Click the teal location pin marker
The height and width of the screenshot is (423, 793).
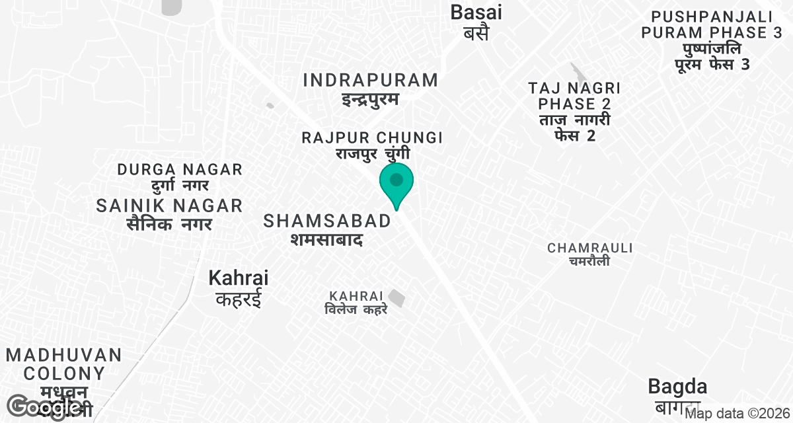pos(396,182)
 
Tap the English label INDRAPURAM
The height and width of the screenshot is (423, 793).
pos(371,81)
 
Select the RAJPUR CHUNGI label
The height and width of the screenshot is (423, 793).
pos(372,138)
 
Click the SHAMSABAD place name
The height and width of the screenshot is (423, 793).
pos(327,221)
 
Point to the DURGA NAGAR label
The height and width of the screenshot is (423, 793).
pos(180,169)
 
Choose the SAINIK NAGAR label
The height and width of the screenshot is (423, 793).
pos(169,206)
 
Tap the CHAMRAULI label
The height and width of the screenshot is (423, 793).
pos(590,248)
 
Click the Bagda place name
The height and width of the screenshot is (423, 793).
pos(677,387)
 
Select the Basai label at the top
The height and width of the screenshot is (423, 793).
pos(476,12)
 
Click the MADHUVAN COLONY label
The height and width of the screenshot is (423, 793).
pos(64,364)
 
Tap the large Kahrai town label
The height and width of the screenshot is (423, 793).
pos(239,278)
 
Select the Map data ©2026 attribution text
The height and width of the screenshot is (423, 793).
pos(737,414)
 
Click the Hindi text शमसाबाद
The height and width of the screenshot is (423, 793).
pos(326,239)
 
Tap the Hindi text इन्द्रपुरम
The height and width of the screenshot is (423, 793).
pos(371,100)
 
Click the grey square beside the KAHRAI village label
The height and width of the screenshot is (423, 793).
pos(397,298)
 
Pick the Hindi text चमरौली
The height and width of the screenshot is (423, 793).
pos(590,261)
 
